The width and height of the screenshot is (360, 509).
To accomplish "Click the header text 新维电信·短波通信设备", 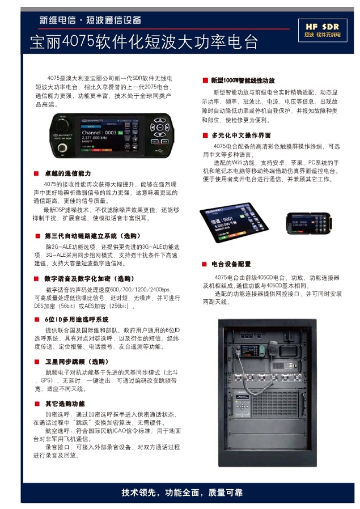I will pyautogui.click(x=90, y=20).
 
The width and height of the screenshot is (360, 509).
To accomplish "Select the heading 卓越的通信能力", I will pyautogui.click(x=67, y=173).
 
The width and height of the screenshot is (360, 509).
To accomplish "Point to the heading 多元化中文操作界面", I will pyautogui.click(x=240, y=135).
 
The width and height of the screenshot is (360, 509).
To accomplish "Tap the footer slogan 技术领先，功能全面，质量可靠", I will pyautogui.click(x=182, y=492).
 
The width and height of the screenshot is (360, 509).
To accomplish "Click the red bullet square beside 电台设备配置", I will pyautogui.click(x=205, y=264).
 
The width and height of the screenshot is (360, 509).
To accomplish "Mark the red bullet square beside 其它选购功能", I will pyautogui.click(x=36, y=404).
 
